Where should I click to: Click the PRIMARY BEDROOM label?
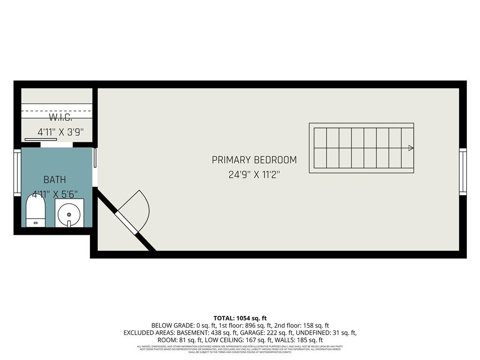coord(254,160)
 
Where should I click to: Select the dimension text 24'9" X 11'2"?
coord(255,175)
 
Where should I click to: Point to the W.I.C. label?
coord(60,117)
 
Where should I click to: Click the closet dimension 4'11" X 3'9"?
coord(60,132)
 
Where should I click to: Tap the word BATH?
coord(54,180)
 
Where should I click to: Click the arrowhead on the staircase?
coord(411,148)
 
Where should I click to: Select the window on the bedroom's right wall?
coord(463,172)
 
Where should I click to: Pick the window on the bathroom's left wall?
coord(17,172)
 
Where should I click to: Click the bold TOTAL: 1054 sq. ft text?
coord(240,318)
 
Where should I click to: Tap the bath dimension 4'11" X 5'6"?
coord(55,193)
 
